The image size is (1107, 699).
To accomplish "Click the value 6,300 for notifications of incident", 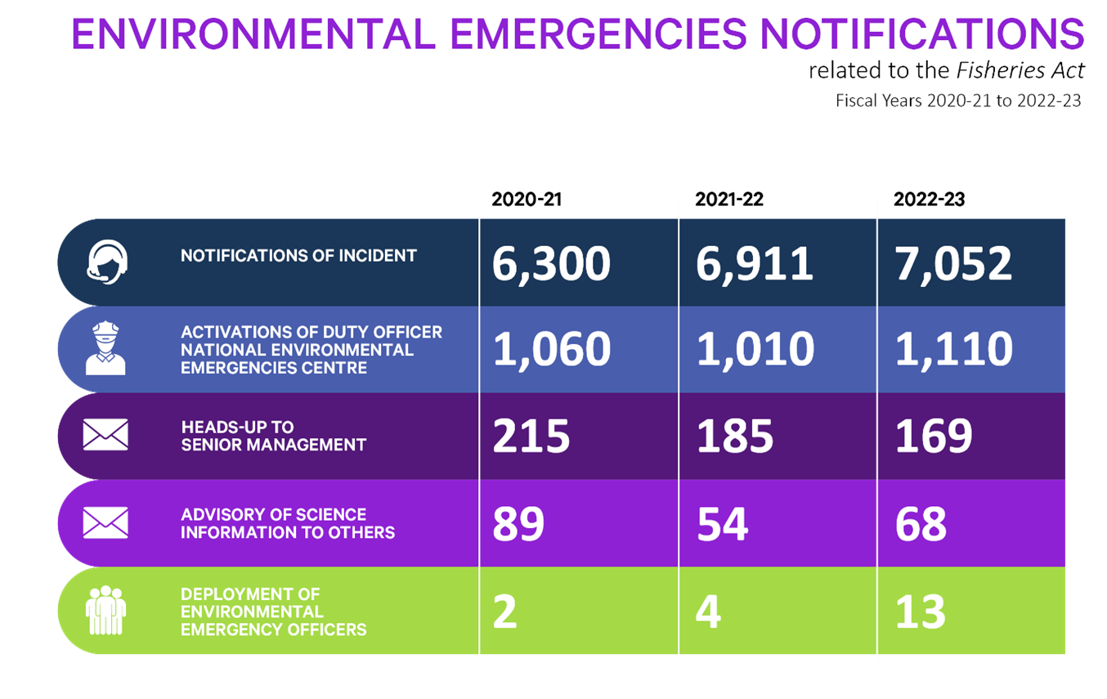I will coord(551,264).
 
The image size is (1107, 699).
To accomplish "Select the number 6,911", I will coord(755,264).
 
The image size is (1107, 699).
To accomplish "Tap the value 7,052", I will coord(953,264).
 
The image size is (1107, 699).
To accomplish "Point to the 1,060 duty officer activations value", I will coord(551,350).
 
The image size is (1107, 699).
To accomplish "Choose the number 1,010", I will coord(755,350).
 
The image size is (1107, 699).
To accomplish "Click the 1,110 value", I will coord(953,350).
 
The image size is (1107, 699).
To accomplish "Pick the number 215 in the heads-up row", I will coord(531,437).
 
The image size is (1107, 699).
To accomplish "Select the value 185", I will coord(734,437).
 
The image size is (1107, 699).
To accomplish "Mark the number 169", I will coord(934,437).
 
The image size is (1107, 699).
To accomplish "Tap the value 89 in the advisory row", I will coord(518,524).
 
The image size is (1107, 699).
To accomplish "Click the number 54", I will coord(722,524).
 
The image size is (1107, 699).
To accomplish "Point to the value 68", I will coord(921,524).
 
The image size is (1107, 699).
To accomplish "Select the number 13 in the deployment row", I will coord(920,612).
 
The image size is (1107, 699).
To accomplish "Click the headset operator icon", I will coord(107,262).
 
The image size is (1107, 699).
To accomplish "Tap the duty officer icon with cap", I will coord(105,349).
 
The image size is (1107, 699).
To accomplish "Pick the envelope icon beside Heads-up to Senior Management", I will coord(105,435).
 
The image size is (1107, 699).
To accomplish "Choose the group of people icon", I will coord(105,611).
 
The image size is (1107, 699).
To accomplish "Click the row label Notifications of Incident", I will coord(298,256).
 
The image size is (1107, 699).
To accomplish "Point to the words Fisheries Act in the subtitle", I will coord(1020,71).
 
